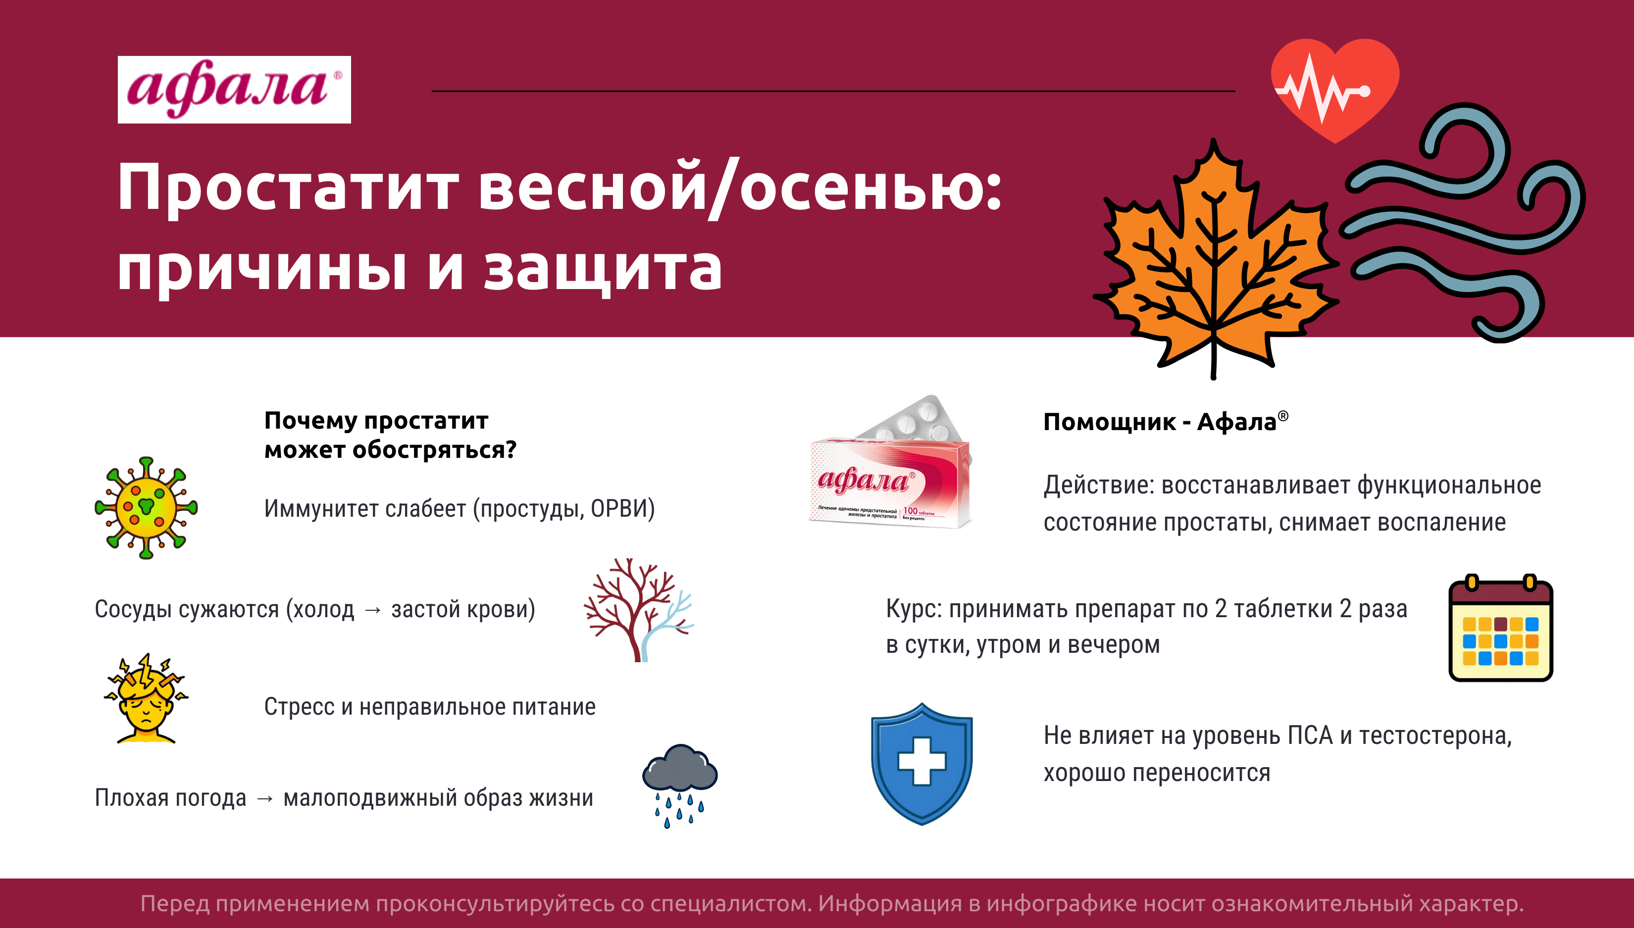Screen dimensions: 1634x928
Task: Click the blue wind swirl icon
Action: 1460,223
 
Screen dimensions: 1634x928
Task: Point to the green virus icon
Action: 146,508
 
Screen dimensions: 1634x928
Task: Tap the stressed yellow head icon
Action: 147,698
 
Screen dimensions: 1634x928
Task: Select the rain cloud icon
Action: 680,786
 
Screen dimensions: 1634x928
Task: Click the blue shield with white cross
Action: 922,764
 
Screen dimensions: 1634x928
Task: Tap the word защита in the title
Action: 603,270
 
